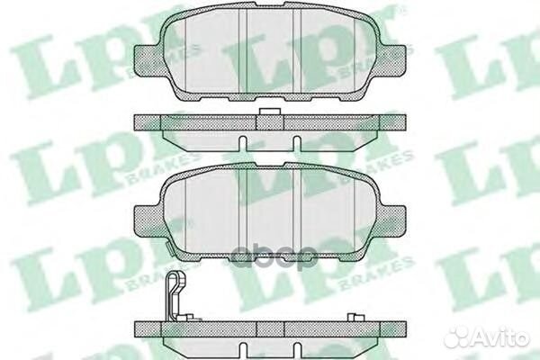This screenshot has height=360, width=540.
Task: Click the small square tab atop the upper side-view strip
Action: (265, 113)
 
